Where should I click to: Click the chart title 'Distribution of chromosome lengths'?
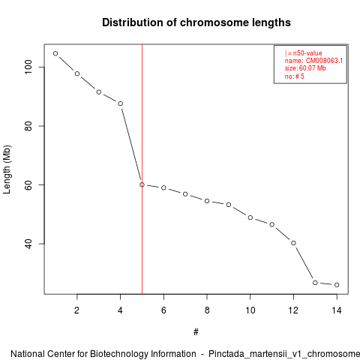tap(196, 22)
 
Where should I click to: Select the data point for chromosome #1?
tap(55, 53)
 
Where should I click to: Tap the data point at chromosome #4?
tap(120, 103)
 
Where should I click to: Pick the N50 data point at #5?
tap(142, 184)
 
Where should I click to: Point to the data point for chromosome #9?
tap(229, 205)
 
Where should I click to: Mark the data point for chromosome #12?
tap(293, 243)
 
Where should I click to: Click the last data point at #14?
tap(337, 285)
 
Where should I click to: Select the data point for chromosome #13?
tap(315, 283)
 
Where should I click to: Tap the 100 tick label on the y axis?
tap(28, 67)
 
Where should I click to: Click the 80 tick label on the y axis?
tap(28, 126)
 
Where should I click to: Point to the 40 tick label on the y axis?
tap(28, 244)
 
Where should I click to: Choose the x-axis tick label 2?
tap(76, 310)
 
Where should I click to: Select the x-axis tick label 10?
tap(250, 310)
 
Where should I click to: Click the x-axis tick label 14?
tap(337, 310)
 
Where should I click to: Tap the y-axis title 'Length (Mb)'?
tap(7, 169)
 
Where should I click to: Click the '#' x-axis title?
tap(196, 332)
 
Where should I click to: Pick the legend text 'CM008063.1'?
tap(324, 61)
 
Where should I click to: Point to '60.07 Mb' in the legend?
tap(313, 68)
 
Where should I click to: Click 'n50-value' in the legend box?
tap(307, 53)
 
